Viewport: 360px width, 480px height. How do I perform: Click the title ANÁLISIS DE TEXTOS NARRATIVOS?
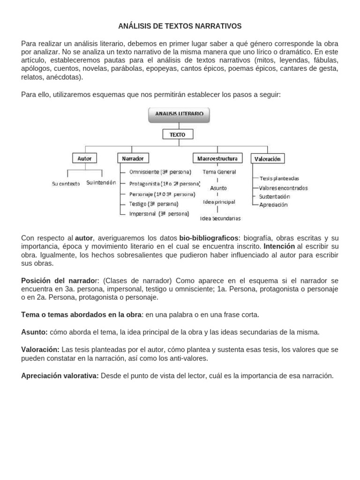point(180,26)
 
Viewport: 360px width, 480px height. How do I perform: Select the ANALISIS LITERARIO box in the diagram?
point(179,113)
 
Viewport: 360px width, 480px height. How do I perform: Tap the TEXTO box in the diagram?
point(178,135)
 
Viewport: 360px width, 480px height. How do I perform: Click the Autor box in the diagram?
point(84,158)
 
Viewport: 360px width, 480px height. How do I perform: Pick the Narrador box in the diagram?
point(133,158)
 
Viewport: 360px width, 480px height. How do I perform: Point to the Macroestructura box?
point(218,158)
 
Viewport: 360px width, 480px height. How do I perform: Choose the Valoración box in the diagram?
point(267,159)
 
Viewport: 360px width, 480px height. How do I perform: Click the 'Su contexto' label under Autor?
point(66,184)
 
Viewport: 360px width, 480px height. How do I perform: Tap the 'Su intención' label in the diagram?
point(101,183)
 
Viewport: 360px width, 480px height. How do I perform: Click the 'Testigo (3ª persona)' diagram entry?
point(153,204)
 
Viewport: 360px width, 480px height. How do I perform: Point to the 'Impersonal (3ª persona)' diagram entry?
point(159,214)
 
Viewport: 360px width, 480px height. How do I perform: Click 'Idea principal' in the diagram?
point(219,202)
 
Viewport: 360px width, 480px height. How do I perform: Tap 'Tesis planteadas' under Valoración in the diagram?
point(279,178)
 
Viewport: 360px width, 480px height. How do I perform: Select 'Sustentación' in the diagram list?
point(274,196)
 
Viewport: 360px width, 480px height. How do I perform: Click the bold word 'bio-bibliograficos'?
point(209,238)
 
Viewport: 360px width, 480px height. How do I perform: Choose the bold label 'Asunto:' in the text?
point(34,332)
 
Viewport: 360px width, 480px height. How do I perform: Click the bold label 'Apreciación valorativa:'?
point(60,375)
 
